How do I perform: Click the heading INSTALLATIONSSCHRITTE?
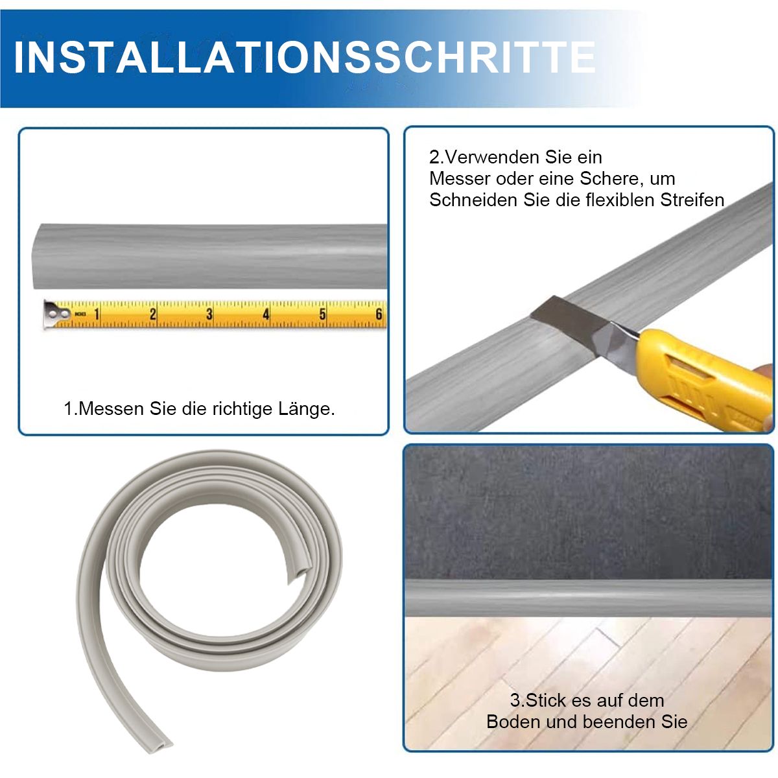tap(305, 57)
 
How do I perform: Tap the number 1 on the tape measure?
tap(97, 314)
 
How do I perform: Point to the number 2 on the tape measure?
tap(152, 314)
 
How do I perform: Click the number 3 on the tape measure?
tap(209, 314)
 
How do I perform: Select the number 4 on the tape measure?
tap(266, 314)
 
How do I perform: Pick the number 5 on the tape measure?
tap(322, 314)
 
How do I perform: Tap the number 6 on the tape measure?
tap(379, 314)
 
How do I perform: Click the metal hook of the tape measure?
tap(56, 314)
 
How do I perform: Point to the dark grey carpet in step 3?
tap(589, 513)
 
